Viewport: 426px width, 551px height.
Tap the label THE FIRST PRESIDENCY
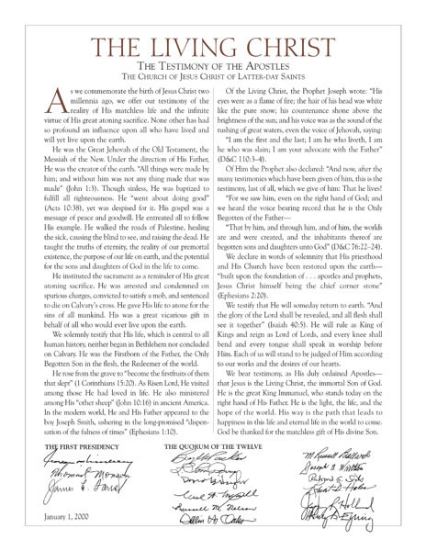pos(73,475)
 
